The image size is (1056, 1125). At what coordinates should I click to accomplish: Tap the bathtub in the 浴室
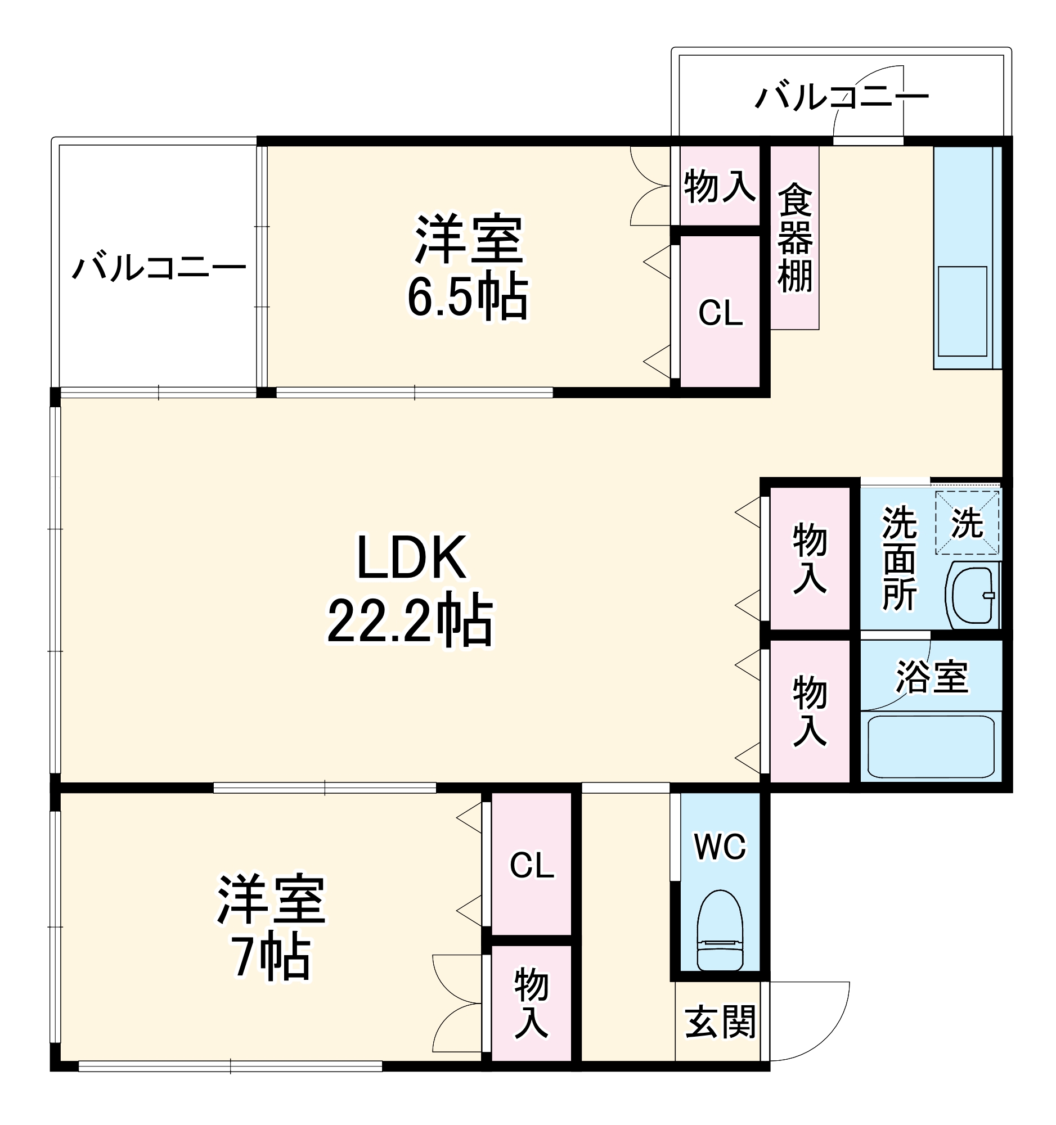tap(931, 747)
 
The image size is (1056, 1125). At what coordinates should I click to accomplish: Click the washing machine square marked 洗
tap(967, 523)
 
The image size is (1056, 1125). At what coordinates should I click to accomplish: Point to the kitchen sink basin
tap(962, 311)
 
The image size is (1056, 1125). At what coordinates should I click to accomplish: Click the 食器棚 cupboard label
tap(794, 238)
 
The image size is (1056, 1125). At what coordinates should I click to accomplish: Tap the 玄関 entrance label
tap(720, 1022)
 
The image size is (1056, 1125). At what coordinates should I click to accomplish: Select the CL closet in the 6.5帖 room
tap(720, 312)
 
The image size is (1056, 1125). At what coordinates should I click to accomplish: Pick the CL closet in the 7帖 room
tap(532, 865)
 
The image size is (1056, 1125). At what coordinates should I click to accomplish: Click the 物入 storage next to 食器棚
tap(719, 186)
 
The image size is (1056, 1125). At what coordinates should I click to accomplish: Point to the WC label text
tap(720, 847)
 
